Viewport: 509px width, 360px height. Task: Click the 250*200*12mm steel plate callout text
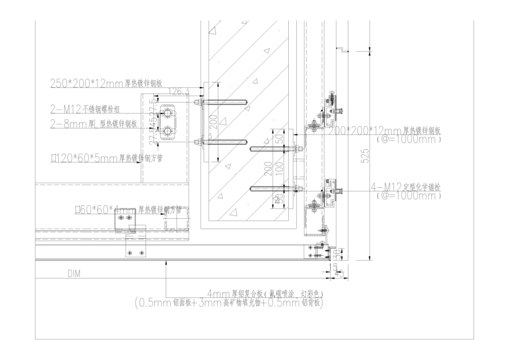pos(108,83)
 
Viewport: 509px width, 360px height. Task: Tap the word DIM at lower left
pos(74,274)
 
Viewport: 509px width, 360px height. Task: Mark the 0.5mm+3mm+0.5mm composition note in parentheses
pos(228,303)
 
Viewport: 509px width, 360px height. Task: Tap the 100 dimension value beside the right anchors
pos(279,166)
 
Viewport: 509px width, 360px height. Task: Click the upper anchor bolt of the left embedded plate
pos(225,104)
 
